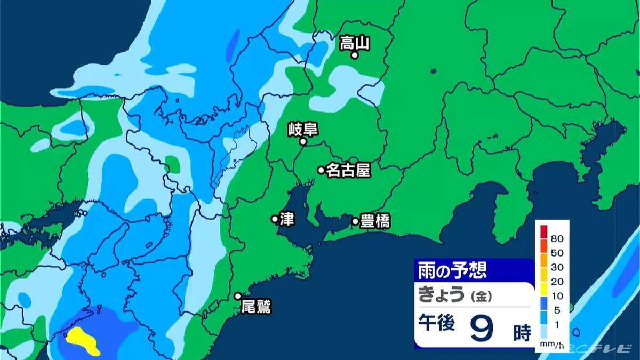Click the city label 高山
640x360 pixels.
point(355,42)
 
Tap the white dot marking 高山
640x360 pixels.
point(354,55)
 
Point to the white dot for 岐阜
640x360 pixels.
point(302,142)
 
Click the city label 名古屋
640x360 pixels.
point(348,170)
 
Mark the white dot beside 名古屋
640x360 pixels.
point(321,170)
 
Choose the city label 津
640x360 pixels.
point(286,219)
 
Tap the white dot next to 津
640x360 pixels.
point(275,219)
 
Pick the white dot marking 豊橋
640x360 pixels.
point(355,221)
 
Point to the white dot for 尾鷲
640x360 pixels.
point(238,296)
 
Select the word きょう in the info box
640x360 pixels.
point(442,294)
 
